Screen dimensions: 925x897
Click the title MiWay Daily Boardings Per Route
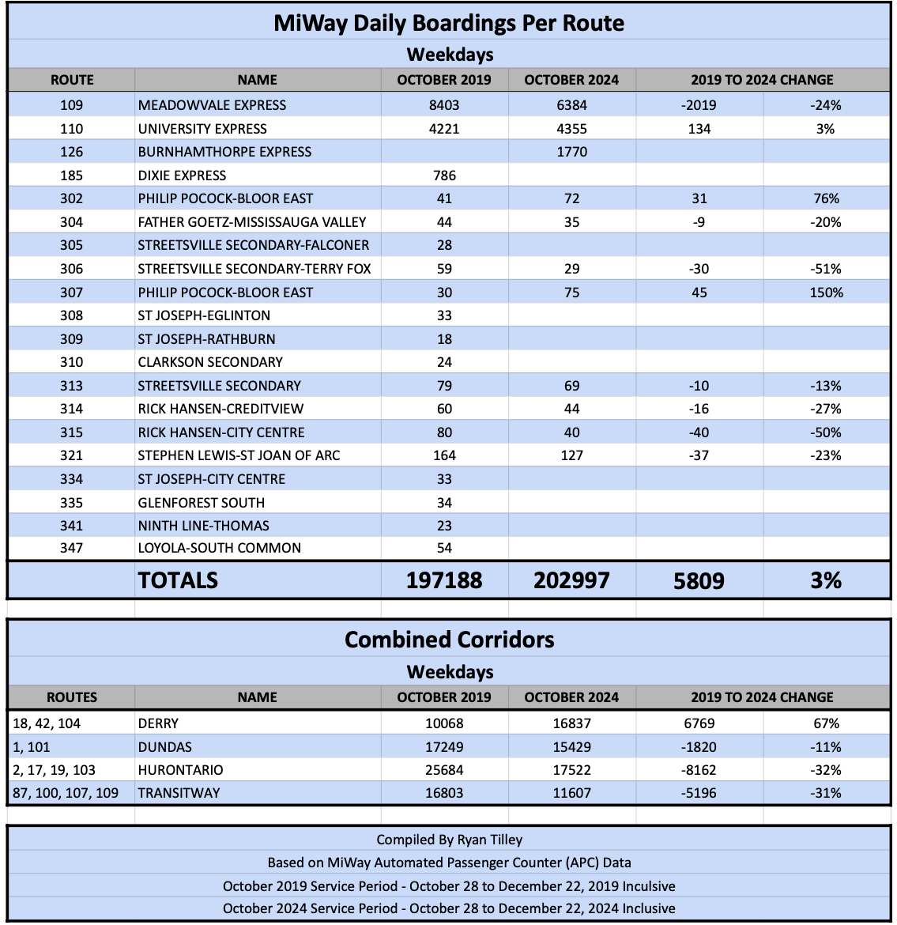coord(448,23)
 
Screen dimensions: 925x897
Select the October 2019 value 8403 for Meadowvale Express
coord(444,105)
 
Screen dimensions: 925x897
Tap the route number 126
coord(71,152)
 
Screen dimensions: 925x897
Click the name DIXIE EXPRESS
coord(182,176)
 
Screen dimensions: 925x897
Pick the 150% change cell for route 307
coord(826,293)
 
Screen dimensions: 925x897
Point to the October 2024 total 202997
coord(571,581)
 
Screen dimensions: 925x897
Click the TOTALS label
coord(178,581)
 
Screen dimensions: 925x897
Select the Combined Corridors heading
coord(449,640)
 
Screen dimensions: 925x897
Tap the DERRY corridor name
coord(158,723)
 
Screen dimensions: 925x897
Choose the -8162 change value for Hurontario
coord(699,770)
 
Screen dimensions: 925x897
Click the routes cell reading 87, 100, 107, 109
coord(66,793)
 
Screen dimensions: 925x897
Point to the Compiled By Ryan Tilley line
coord(449,840)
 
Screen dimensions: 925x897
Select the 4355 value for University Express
coord(571,129)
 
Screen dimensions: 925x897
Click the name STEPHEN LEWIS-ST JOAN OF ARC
coord(239,455)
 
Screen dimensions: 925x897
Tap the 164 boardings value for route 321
coord(444,455)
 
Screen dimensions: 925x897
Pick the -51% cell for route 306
coord(826,269)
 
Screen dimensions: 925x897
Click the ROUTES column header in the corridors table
coord(71,697)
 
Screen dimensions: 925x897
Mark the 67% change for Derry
coord(826,723)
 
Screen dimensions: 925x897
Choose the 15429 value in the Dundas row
coord(571,747)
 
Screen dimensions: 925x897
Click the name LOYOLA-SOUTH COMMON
coord(219,548)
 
